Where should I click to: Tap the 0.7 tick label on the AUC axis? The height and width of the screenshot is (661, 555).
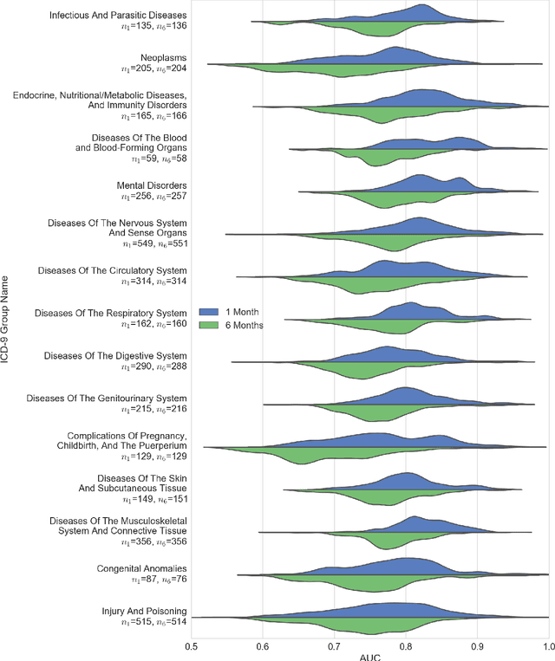pos(334,646)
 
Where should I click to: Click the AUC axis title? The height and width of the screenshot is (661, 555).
pos(369,656)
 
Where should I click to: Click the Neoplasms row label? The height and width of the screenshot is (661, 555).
pos(163,56)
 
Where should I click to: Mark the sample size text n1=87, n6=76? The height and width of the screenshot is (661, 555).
pos(158,580)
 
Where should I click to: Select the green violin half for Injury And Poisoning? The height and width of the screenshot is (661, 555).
pos(399,627)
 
